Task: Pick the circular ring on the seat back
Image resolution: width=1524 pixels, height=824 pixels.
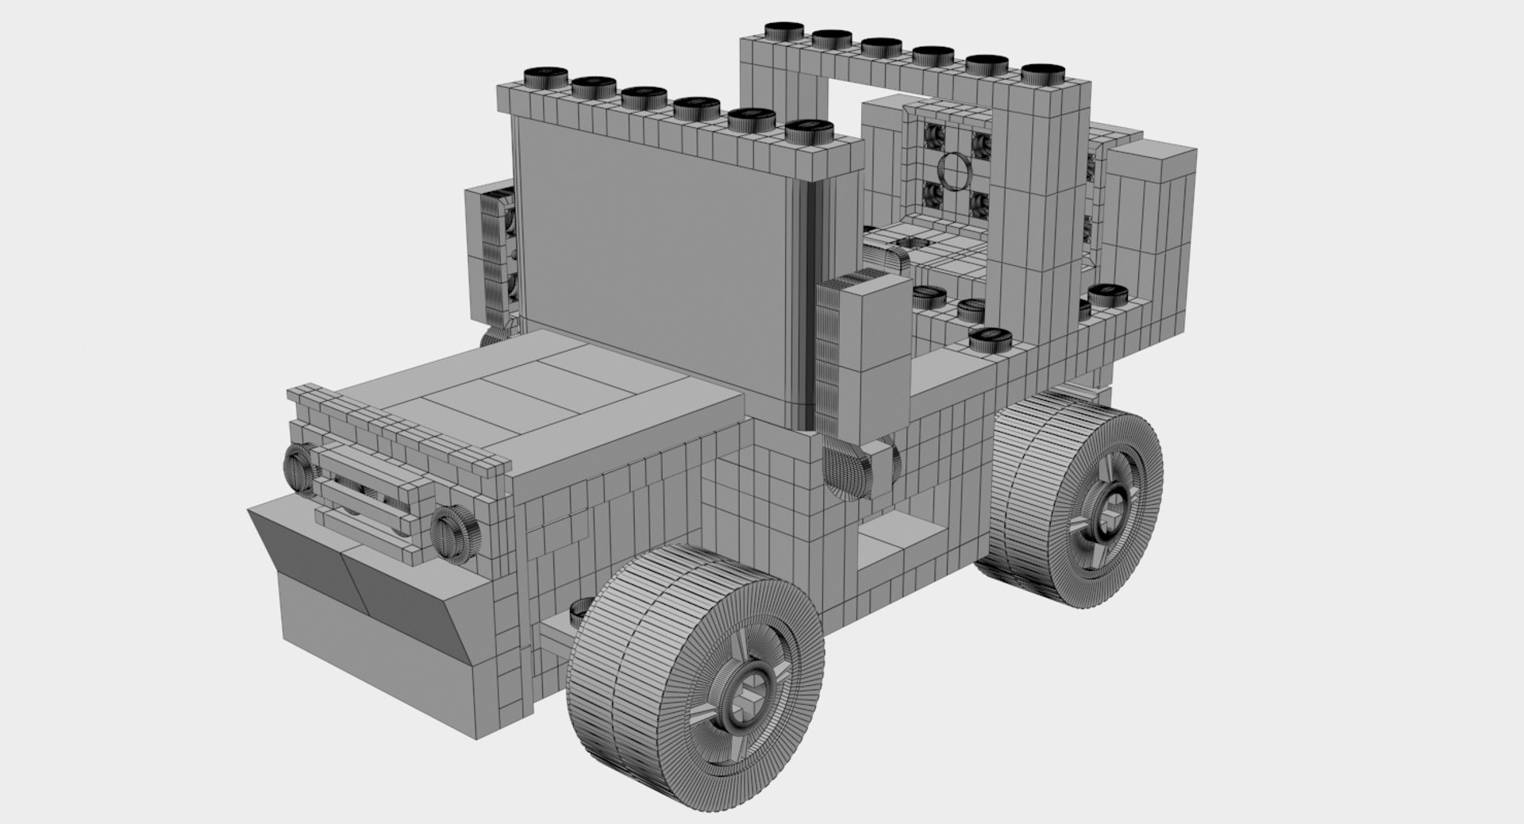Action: pos(953,169)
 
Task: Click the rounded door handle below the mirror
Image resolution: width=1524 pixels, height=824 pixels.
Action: pos(843,472)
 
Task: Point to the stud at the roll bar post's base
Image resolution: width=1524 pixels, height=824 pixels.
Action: pos(989,339)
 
